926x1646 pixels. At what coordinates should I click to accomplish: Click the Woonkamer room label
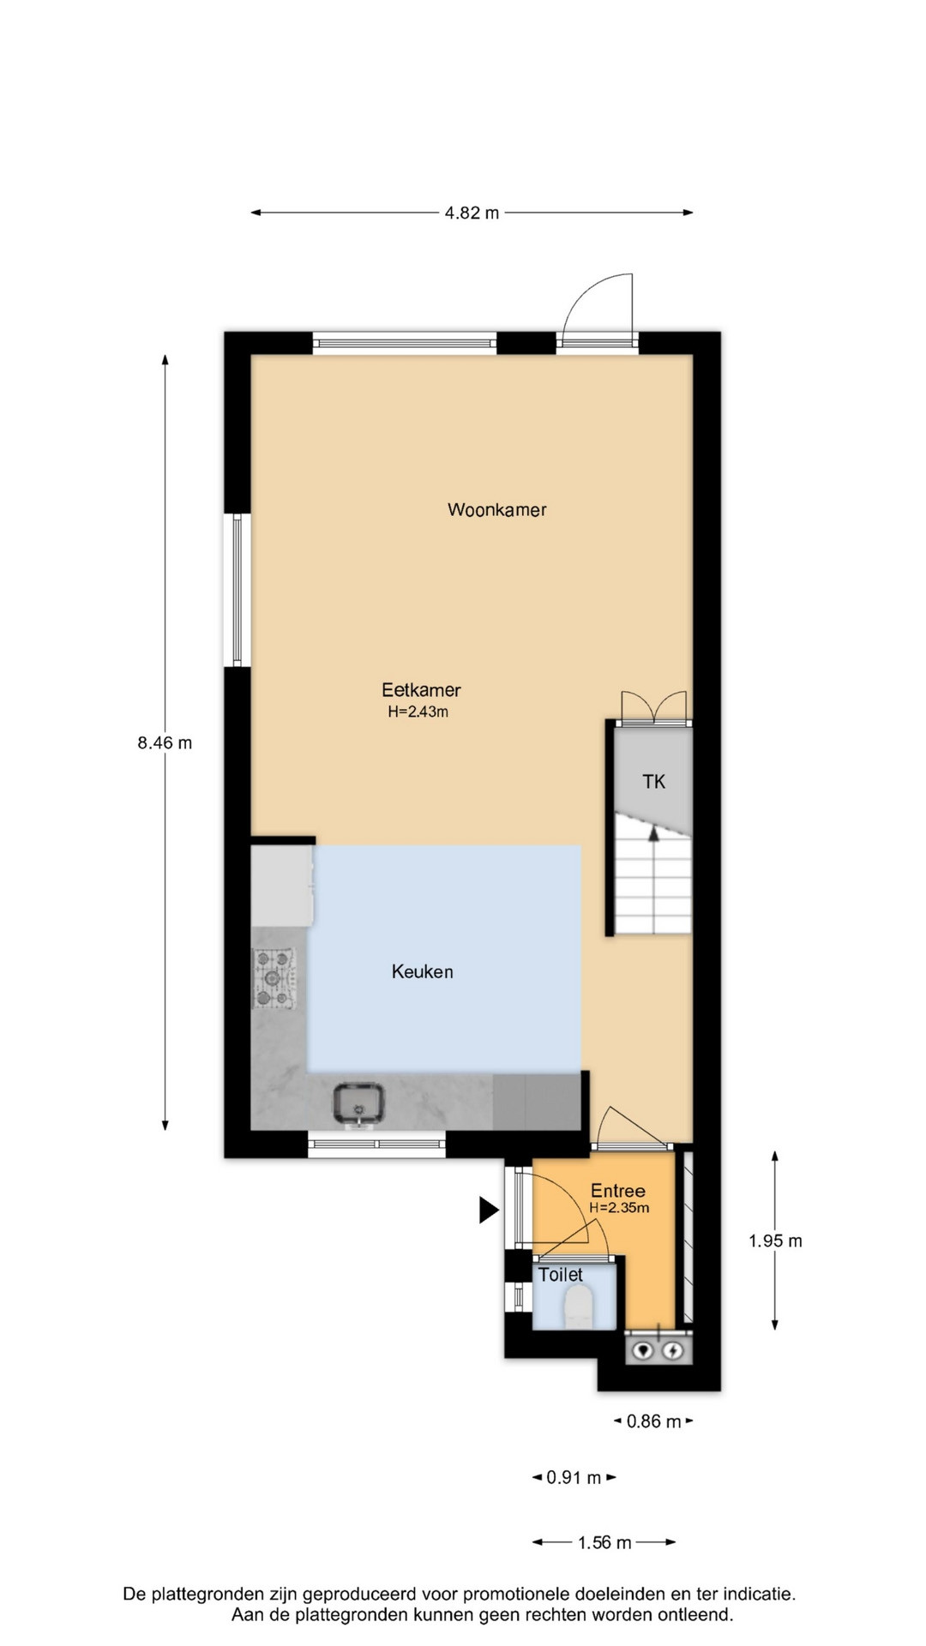pyautogui.click(x=496, y=510)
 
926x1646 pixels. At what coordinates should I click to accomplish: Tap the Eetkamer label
pyautogui.click(x=421, y=689)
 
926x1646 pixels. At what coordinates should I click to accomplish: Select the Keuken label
pyautogui.click(x=422, y=971)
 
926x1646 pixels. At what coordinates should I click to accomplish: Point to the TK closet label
pyautogui.click(x=653, y=781)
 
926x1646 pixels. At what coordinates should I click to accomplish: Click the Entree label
pyautogui.click(x=617, y=1191)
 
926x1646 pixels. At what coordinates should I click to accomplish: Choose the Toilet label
pyautogui.click(x=561, y=1275)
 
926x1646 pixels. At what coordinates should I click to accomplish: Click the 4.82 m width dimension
pyautogui.click(x=472, y=213)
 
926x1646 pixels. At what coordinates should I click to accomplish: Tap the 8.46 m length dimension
pyautogui.click(x=165, y=743)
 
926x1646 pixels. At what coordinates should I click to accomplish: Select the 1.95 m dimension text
pyautogui.click(x=775, y=1241)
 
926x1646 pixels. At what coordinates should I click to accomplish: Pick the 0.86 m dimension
pyautogui.click(x=653, y=1421)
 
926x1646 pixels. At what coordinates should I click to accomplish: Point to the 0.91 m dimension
pyautogui.click(x=574, y=1477)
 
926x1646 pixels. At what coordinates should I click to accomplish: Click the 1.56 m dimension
pyautogui.click(x=604, y=1542)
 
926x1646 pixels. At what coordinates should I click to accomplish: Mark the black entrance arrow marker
pyautogui.click(x=489, y=1210)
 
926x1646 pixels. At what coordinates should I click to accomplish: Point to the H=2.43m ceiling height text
pyautogui.click(x=418, y=712)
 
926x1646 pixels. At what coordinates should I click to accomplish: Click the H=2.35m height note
pyautogui.click(x=619, y=1208)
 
